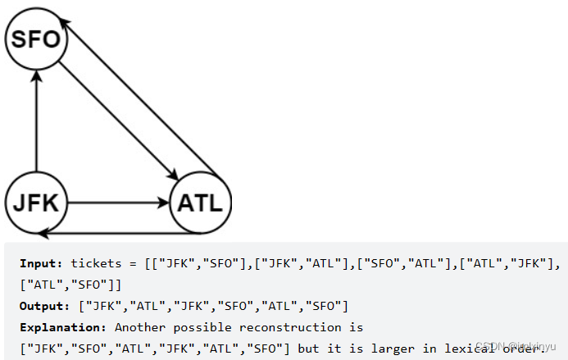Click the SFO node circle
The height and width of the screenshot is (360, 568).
pyautogui.click(x=35, y=38)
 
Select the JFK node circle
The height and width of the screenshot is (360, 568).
pyautogui.click(x=35, y=201)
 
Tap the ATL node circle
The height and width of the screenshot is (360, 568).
pyautogui.click(x=201, y=201)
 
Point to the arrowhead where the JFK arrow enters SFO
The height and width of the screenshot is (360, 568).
pyautogui.click(x=35, y=76)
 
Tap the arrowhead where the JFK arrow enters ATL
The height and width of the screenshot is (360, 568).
pyautogui.click(x=161, y=201)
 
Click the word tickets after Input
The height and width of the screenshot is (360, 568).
pyautogui.click(x=96, y=263)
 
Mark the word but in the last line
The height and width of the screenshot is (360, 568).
pyautogui.click(x=310, y=348)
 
